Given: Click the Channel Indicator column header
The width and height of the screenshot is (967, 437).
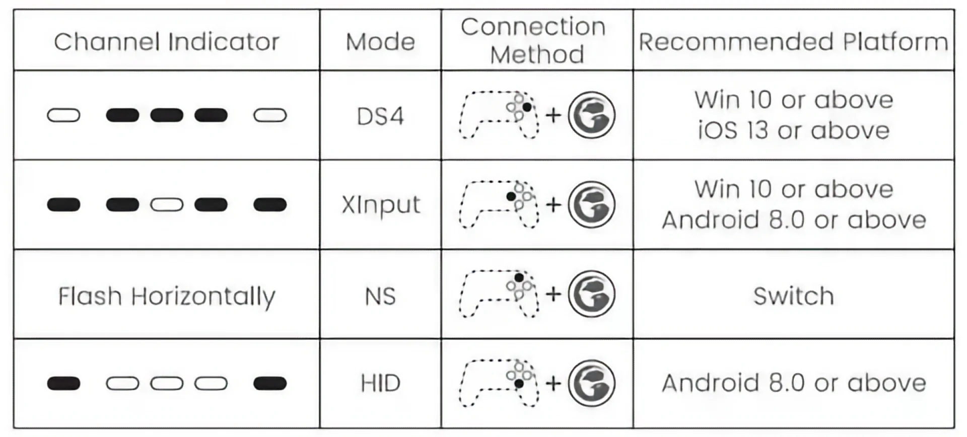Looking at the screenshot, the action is [x=166, y=42].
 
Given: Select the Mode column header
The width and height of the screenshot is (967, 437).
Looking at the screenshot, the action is [x=380, y=42].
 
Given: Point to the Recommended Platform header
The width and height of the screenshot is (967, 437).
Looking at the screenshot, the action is [x=793, y=42].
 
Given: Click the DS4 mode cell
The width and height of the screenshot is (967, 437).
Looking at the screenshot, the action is [x=380, y=116].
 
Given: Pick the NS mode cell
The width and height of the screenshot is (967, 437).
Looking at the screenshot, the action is [x=380, y=296].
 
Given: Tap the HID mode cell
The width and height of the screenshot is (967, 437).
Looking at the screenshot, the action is [x=380, y=383].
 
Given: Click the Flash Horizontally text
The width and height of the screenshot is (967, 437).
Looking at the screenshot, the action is [x=167, y=297].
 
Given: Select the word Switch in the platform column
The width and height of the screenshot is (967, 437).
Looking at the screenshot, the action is [x=793, y=296].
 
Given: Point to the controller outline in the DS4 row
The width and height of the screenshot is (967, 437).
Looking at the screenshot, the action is [x=499, y=115].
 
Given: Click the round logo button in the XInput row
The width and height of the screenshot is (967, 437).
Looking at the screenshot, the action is [x=592, y=204].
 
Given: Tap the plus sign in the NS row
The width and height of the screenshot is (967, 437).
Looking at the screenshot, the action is [x=553, y=294].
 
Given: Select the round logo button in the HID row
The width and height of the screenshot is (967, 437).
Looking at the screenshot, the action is [x=592, y=383].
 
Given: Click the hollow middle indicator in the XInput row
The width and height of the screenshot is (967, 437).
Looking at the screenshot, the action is [x=167, y=205].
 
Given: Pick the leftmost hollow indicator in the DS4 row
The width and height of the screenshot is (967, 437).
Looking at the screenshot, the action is [x=63, y=116].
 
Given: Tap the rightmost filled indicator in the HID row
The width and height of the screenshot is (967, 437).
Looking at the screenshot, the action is [x=270, y=384].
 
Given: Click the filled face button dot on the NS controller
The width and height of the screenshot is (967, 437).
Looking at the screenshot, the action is [x=519, y=277].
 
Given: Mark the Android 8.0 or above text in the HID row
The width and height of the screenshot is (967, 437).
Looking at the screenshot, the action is [x=794, y=383].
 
